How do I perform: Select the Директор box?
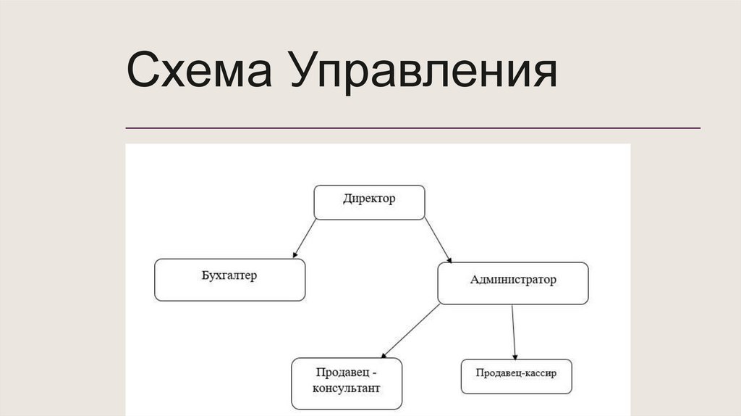point(369,202)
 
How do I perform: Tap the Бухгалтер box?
point(229,280)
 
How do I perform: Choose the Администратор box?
point(513,283)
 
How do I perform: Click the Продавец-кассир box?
point(516,376)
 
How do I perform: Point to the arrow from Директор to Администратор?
point(437,240)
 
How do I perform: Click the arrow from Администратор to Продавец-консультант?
point(410,330)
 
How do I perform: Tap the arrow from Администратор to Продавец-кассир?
point(513,330)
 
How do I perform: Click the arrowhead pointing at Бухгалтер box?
point(295,254)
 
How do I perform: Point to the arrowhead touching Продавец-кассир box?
point(515,355)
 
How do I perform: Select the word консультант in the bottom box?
point(347,388)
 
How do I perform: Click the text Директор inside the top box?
point(369,199)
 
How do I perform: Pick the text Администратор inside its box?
point(513,279)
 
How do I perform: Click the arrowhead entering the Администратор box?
point(449,259)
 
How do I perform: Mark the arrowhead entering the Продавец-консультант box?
point(384,354)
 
